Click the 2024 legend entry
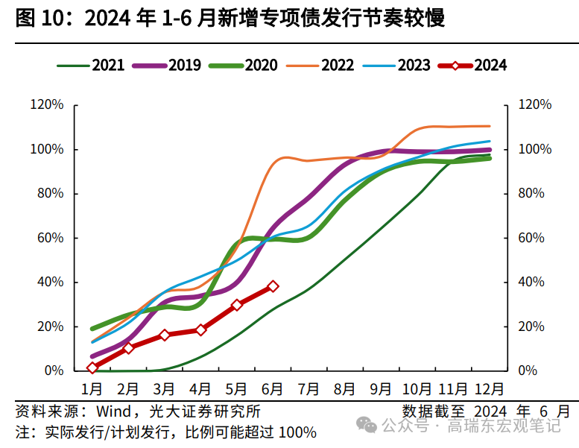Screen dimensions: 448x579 tap(474, 66)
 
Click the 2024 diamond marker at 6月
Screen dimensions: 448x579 tap(273, 286)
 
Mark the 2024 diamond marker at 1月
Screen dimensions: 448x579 tap(92, 367)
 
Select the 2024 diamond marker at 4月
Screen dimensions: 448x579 tap(200, 329)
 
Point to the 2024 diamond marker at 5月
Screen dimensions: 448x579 tap(237, 305)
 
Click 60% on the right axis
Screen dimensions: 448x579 tap(534, 239)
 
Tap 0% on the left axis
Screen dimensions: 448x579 tap(54, 371)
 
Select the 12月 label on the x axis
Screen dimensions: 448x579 tap(490, 389)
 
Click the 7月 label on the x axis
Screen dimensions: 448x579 tap(309, 389)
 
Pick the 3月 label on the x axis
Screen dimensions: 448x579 tap(165, 389)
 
